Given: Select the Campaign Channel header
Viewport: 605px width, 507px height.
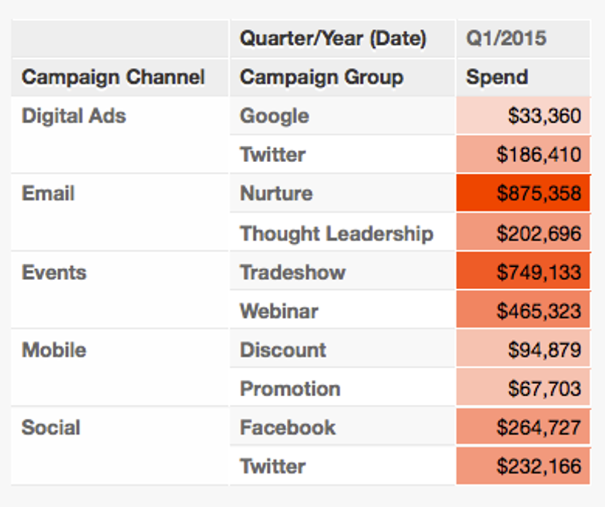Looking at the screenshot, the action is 113,77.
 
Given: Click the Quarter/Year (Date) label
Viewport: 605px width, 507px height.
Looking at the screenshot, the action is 333,38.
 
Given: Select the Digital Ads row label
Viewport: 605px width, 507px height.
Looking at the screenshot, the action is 74,116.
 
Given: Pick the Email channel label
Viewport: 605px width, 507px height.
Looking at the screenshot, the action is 48,193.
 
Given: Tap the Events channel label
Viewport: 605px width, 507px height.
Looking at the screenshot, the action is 54,272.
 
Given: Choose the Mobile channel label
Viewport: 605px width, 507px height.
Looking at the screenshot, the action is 54,350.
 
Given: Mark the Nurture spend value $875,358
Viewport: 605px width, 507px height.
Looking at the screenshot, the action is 538,194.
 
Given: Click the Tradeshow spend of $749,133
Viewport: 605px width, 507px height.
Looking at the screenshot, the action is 538,272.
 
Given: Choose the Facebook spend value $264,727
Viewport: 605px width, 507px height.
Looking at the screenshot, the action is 538,428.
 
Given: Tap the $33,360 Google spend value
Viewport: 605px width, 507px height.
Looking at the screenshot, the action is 544,116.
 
